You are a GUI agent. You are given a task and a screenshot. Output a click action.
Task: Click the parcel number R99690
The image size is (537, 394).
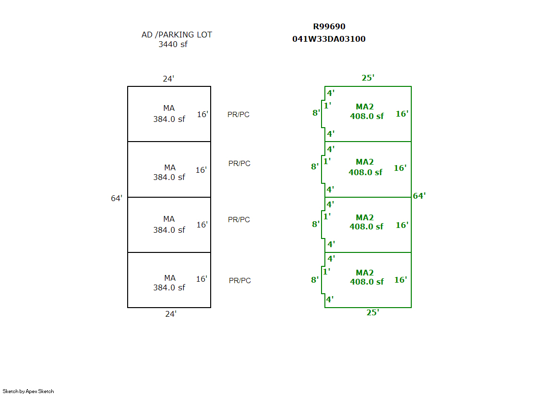[x=329, y=27]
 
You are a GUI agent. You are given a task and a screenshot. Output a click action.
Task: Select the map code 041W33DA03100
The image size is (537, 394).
[x=329, y=39]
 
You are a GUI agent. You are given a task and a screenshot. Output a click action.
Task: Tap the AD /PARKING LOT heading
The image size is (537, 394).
[x=177, y=35]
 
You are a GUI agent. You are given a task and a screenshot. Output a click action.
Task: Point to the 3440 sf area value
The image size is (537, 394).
[x=173, y=45]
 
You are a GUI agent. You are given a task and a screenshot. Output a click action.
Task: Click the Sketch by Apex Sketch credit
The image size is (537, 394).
[x=28, y=391]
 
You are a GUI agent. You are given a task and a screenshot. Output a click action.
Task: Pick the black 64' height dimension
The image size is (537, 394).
[x=117, y=198]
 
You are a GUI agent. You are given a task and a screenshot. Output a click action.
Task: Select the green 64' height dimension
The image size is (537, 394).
[x=419, y=196]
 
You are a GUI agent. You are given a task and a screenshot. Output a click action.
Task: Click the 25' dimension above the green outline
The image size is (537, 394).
[x=368, y=78]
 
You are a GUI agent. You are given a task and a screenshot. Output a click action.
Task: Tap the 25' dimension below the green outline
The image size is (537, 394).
[x=372, y=312]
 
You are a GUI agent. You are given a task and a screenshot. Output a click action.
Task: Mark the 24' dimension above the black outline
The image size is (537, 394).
[x=168, y=79]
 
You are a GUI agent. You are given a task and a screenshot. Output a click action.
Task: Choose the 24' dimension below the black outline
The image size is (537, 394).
[x=170, y=314]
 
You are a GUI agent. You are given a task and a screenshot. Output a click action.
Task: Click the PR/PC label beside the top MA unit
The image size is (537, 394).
[x=239, y=115]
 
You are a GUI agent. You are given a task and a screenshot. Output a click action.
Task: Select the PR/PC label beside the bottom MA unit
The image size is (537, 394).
[x=239, y=281]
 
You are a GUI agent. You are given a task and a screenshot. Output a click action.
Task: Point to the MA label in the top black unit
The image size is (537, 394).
[x=169, y=108]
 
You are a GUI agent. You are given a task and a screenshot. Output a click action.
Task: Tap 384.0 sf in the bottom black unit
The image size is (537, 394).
[x=169, y=287]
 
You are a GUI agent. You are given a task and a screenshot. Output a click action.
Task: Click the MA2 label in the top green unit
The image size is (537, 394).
[x=365, y=107]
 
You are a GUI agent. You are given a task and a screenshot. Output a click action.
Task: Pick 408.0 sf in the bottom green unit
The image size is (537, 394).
[x=367, y=282]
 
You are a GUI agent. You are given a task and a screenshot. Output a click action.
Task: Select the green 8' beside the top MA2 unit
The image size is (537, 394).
[x=316, y=113]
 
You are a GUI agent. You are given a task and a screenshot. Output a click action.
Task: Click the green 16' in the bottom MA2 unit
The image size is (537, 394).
[x=400, y=280]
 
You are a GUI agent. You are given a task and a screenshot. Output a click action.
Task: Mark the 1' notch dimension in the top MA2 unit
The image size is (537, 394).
[x=327, y=106]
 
